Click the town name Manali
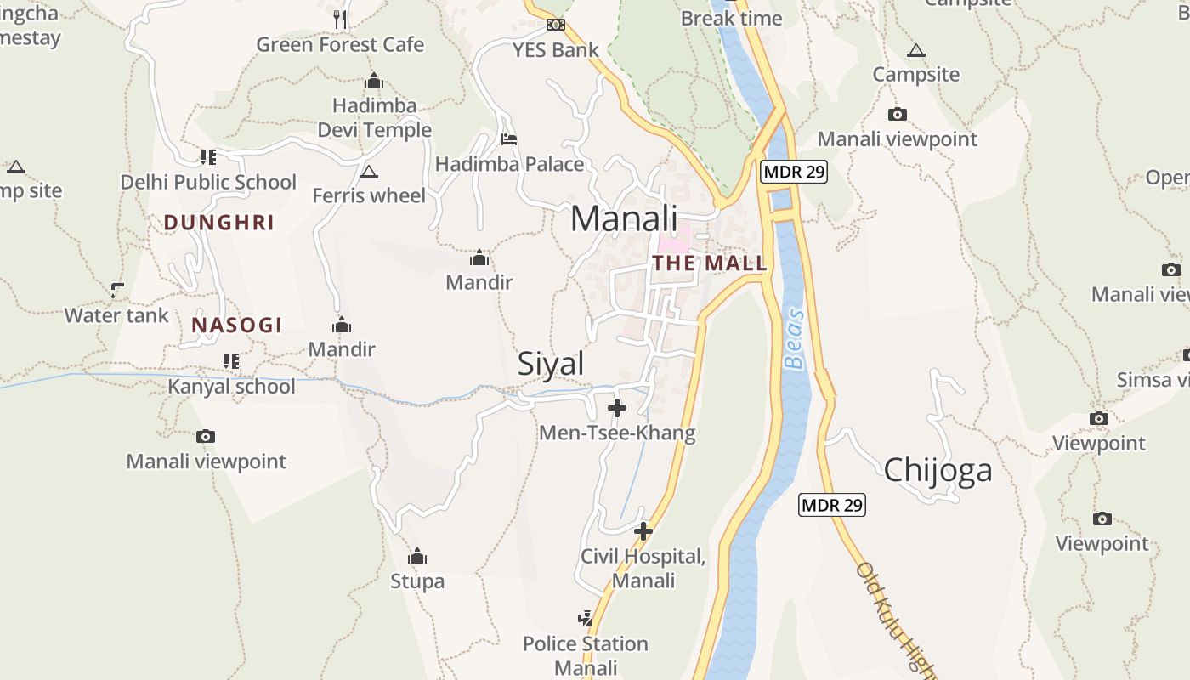[x=624, y=218]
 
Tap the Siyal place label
[x=551, y=364]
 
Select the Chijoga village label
[x=938, y=470]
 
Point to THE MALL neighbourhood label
[x=710, y=263]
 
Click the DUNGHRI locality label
[x=218, y=223]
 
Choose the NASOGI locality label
[x=236, y=325]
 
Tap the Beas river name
[x=794, y=349]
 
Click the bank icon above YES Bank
[x=556, y=25]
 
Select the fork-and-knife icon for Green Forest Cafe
[x=340, y=19]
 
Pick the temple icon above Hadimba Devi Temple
[x=374, y=82]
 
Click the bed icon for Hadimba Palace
[x=509, y=139]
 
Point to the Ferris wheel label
[x=369, y=195]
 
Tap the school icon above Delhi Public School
[x=208, y=156]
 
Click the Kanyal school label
[x=231, y=387]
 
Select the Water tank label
[x=116, y=315]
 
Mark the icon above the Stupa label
[x=417, y=557]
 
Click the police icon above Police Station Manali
[x=585, y=618]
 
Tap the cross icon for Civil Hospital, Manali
[x=643, y=531]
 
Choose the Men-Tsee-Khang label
[x=617, y=433]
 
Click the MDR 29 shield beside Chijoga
[x=832, y=505]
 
